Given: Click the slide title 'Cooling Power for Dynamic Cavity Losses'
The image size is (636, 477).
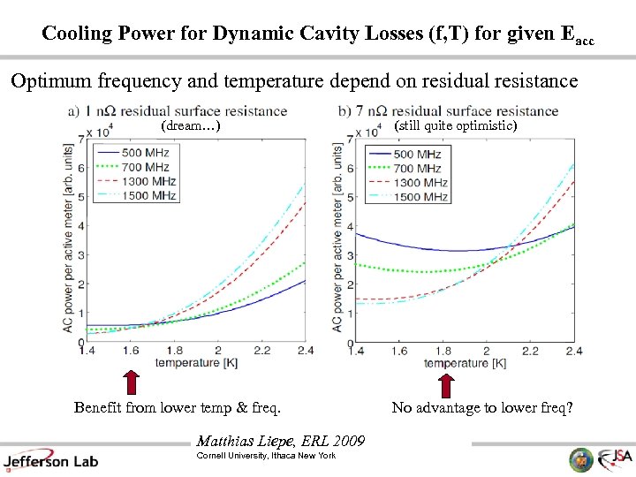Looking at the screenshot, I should [317, 34].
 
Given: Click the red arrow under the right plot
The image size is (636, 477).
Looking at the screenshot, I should [446, 384].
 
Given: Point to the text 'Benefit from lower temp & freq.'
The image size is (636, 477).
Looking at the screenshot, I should [178, 408].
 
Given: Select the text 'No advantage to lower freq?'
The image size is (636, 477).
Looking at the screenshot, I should [481, 408].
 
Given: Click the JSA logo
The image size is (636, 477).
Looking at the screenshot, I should [612, 458].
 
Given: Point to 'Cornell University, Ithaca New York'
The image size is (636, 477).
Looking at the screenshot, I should [266, 455].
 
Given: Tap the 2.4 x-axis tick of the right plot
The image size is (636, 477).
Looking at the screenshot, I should [573, 352].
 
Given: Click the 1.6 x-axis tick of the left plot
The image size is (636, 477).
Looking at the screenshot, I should [131, 352].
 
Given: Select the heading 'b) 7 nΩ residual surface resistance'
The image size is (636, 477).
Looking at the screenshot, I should [448, 111].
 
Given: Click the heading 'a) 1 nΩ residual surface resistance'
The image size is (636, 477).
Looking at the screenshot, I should [177, 111].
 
